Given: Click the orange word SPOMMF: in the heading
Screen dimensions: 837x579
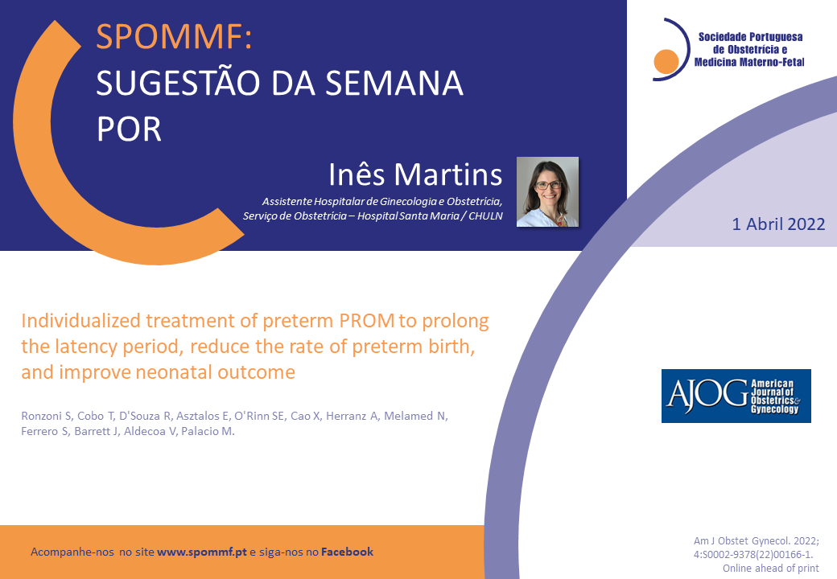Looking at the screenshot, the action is pyautogui.click(x=174, y=37).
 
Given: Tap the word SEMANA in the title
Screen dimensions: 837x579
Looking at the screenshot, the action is pyautogui.click(x=394, y=83).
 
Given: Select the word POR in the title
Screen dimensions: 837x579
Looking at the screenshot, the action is pyautogui.click(x=129, y=129).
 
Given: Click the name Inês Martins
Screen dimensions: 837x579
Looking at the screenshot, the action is pyautogui.click(x=415, y=175).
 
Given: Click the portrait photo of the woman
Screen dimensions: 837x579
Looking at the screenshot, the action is pyautogui.click(x=547, y=192).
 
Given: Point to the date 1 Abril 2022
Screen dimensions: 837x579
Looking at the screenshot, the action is pyautogui.click(x=778, y=224).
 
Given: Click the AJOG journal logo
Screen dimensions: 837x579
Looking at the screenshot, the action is pyautogui.click(x=736, y=396).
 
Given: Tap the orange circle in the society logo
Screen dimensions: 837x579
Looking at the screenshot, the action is pyautogui.click(x=666, y=61).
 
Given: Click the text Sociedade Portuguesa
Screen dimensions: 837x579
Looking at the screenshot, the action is pyautogui.click(x=751, y=37).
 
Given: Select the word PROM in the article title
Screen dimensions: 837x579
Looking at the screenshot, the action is pyautogui.click(x=367, y=320).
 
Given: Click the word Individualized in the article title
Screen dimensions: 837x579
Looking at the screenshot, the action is pyautogui.click(x=80, y=320).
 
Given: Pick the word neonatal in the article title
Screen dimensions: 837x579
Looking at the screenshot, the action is pyautogui.click(x=175, y=372).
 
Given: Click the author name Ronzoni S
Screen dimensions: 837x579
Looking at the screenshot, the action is pyautogui.click(x=47, y=416).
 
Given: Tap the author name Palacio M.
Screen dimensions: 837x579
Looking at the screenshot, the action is pyautogui.click(x=208, y=431).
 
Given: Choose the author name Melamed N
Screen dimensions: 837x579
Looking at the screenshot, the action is pyautogui.click(x=416, y=416).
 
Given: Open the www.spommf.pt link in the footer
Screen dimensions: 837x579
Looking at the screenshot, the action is pyautogui.click(x=202, y=552).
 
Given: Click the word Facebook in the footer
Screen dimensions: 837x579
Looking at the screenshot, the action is pyautogui.click(x=347, y=552).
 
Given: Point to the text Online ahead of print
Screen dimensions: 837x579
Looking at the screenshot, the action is pyautogui.click(x=771, y=569).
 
